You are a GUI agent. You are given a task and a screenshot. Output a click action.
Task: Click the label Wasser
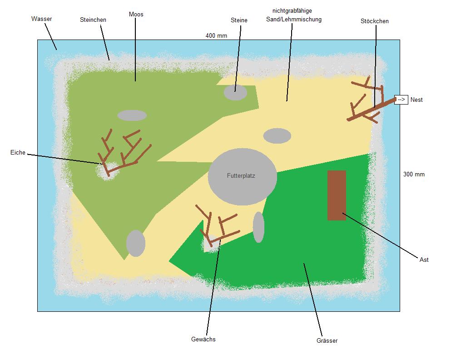[x=41, y=19]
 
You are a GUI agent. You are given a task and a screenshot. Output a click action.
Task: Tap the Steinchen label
[x=93, y=20]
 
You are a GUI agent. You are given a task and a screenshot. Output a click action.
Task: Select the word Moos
[x=136, y=15]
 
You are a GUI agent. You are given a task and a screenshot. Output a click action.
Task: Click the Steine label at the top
[x=239, y=20]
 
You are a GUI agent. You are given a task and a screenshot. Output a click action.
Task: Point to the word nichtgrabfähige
[x=292, y=11]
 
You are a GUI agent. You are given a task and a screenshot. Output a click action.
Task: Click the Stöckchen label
[x=375, y=21]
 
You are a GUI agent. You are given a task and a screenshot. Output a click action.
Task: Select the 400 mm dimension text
[x=216, y=36]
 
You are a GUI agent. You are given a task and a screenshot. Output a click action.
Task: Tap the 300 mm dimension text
[x=414, y=174]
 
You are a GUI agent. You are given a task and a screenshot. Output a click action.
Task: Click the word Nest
[x=416, y=100]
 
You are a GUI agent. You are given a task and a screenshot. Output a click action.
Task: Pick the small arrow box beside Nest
[x=401, y=100]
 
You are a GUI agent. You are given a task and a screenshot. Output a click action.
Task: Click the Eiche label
[x=18, y=153]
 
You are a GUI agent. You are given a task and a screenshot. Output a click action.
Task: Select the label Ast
[x=424, y=260]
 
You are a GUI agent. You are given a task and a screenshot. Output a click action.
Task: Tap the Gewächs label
[x=203, y=339]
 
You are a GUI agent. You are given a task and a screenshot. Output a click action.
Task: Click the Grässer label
[x=327, y=341]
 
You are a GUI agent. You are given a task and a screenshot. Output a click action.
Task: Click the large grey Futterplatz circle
[x=242, y=177]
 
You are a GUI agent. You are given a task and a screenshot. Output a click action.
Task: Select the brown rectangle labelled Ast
[x=337, y=195]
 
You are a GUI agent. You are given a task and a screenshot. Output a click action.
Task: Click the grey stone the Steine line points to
[x=235, y=92]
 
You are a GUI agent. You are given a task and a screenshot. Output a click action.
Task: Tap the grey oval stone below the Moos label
[x=132, y=115]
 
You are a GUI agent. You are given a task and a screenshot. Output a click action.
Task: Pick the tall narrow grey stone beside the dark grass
[x=258, y=227]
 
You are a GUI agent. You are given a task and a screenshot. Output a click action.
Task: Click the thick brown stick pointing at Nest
[x=372, y=110]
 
